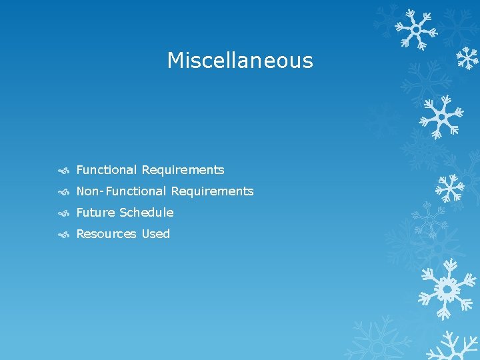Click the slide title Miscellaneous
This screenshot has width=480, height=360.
(239, 61)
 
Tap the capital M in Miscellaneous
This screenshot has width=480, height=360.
(176, 61)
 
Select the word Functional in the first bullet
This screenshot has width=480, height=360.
(107, 170)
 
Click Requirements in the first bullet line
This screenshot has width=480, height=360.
(183, 170)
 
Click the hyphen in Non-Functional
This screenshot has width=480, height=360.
(102, 192)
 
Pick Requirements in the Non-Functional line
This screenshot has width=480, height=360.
(212, 191)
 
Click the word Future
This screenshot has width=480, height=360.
(95, 213)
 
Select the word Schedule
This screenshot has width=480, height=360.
(146, 213)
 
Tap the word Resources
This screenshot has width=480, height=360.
(106, 234)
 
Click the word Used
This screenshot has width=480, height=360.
(155, 234)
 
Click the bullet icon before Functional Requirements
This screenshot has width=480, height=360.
(64, 171)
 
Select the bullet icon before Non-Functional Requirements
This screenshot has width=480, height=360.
(64, 192)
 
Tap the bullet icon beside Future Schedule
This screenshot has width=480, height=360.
(64, 213)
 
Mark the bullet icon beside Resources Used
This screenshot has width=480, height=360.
(64, 235)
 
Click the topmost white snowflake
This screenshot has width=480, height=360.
(415, 29)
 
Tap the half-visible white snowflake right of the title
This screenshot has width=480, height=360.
(469, 59)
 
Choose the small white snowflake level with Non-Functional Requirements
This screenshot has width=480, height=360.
(449, 188)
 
